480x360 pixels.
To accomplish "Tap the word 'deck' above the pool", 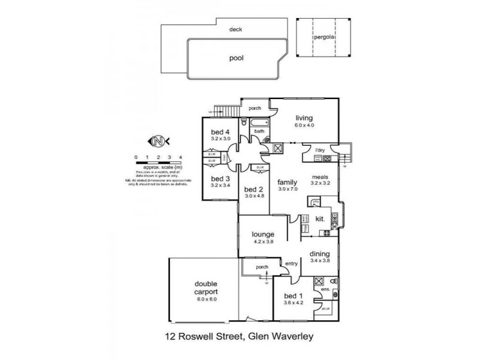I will pyautogui.click(x=236, y=29).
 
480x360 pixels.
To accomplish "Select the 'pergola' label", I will pyautogui.click(x=323, y=37).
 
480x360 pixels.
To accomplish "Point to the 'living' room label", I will pyautogui.click(x=304, y=118).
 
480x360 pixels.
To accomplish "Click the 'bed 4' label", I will pyautogui.click(x=220, y=132).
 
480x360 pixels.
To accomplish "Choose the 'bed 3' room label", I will pyautogui.click(x=220, y=179).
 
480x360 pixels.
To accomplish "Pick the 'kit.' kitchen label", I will pyautogui.click(x=320, y=219).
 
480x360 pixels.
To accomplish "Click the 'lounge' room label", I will pyautogui.click(x=263, y=234).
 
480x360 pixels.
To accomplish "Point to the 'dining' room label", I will pyautogui.click(x=319, y=254).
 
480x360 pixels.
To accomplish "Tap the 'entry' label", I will pyautogui.click(x=292, y=264).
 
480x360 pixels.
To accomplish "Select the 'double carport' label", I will pyautogui.click(x=205, y=288).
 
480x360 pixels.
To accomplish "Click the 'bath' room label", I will pyautogui.click(x=260, y=131).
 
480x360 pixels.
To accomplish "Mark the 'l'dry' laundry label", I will pyautogui.click(x=320, y=150).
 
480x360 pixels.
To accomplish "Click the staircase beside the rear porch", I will pyautogui.click(x=223, y=110).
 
